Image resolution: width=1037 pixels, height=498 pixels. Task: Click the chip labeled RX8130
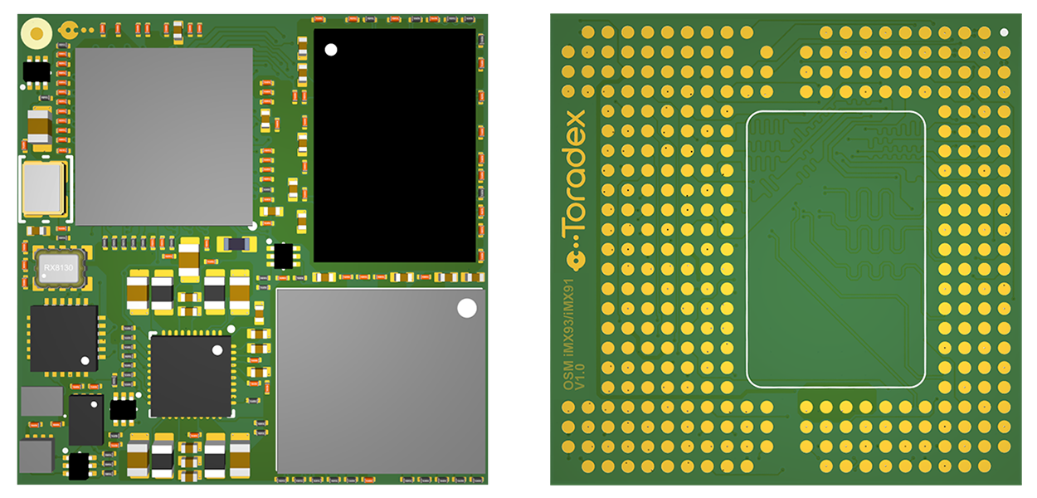(61, 268)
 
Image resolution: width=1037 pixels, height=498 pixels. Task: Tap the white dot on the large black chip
(331, 50)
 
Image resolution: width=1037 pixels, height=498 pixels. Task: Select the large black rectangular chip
(395, 145)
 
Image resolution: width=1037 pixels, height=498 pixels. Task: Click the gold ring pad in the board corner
(37, 33)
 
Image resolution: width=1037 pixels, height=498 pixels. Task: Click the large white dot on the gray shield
(467, 308)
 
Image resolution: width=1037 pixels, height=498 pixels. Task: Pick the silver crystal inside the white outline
(43, 188)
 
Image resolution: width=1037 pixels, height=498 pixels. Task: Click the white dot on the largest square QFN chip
(217, 350)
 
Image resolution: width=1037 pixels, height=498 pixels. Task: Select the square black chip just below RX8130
(63, 338)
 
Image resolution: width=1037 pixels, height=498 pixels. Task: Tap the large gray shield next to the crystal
(163, 136)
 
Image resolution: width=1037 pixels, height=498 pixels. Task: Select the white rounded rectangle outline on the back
(836, 249)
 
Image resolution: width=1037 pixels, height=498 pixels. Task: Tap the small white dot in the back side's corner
(1005, 32)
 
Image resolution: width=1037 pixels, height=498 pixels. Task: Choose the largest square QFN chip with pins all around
(191, 375)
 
